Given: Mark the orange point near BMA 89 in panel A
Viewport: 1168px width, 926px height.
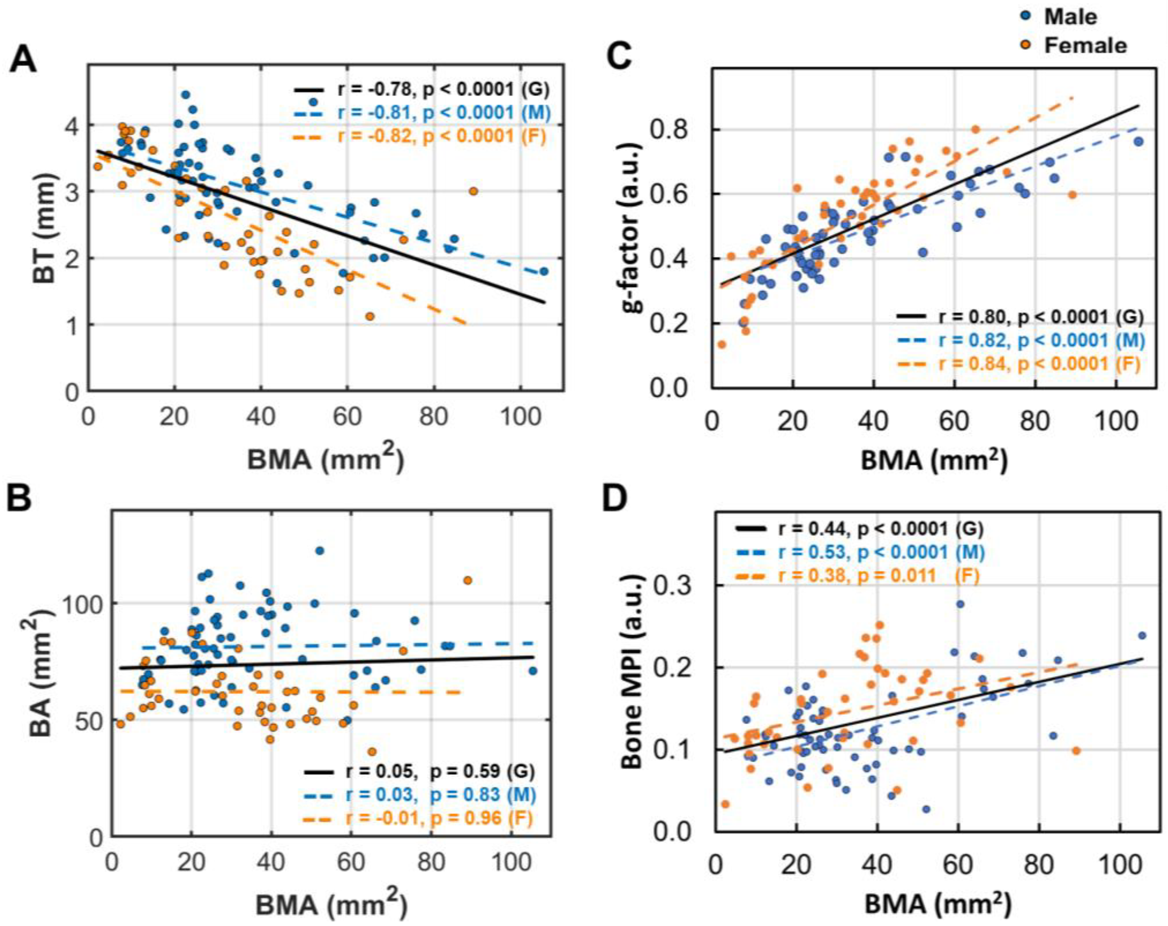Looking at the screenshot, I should [x=473, y=191].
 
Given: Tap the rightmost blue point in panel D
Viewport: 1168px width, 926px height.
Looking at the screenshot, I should [x=1141, y=635].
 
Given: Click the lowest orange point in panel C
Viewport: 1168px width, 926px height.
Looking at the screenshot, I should [x=721, y=344].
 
